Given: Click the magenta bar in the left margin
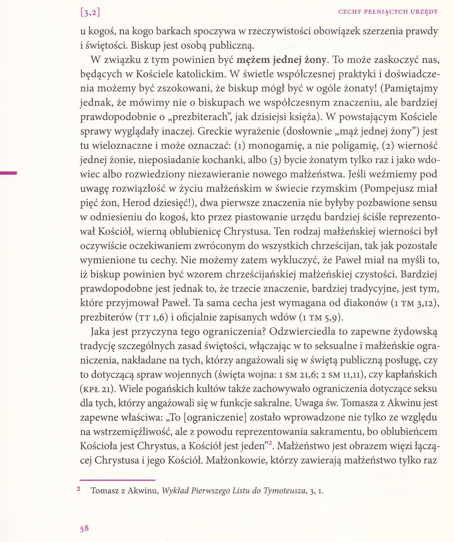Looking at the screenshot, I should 8,173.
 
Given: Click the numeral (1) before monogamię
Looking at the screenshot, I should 240,146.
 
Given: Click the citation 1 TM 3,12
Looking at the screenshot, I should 414,303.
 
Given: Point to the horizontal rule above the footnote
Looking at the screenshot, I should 118,480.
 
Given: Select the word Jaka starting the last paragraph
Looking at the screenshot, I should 101,332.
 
